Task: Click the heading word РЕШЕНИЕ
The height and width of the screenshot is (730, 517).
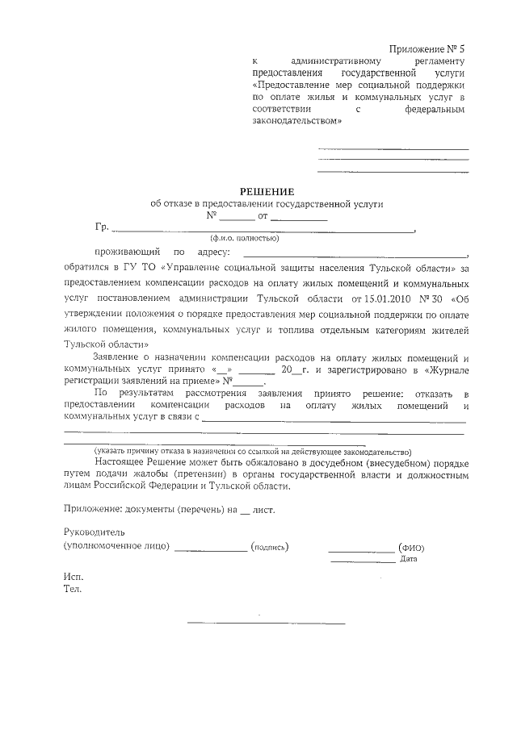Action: click(x=267, y=191)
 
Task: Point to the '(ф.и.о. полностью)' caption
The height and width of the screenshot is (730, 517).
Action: click(x=245, y=239)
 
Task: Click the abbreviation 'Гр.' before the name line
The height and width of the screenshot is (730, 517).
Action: click(x=101, y=227)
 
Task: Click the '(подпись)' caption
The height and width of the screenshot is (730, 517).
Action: click(x=270, y=547)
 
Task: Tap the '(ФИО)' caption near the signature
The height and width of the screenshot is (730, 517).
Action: click(x=411, y=548)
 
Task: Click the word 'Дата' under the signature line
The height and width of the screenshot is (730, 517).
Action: click(x=408, y=559)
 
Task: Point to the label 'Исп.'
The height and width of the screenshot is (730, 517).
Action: click(x=73, y=578)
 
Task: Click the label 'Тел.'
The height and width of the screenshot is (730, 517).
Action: click(x=73, y=590)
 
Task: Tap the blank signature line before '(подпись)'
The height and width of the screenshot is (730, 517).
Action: click(x=210, y=549)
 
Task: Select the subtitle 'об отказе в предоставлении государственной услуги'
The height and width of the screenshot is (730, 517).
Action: click(x=267, y=204)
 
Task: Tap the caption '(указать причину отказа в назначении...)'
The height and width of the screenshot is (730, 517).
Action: click(x=252, y=452)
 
